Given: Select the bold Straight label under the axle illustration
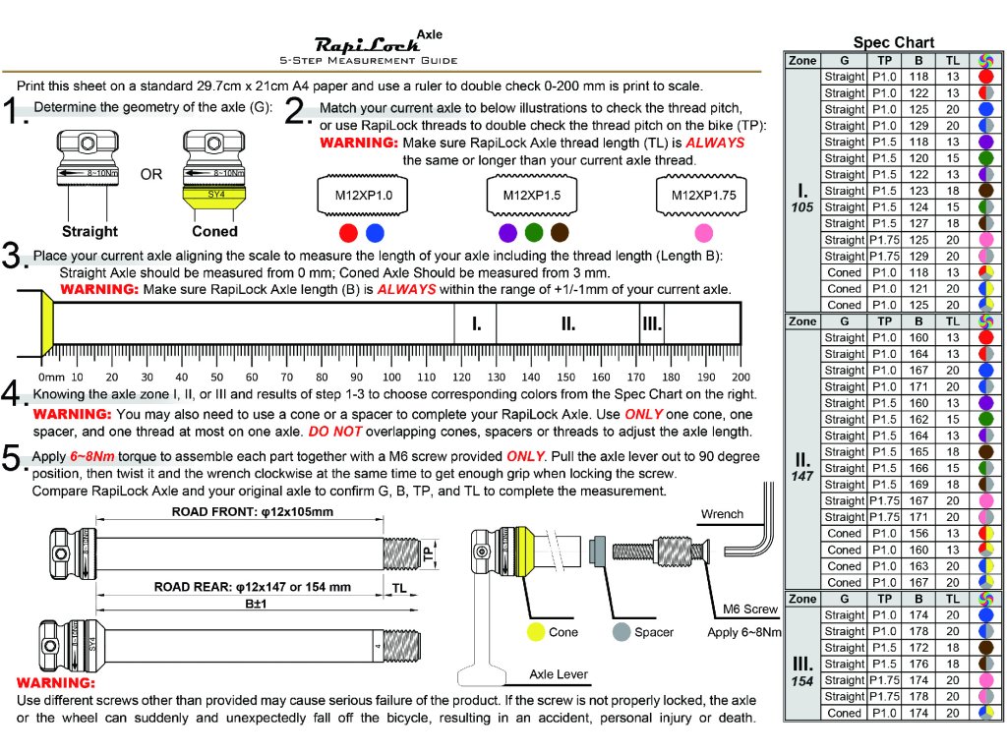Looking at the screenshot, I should (89, 232).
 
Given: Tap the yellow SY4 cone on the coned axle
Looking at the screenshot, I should (215, 196).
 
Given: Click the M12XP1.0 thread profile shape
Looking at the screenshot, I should (363, 196).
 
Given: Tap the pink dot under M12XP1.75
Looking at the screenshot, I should (702, 233).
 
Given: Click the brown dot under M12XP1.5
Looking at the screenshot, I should (560, 233).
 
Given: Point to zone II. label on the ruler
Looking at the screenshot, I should (567, 323).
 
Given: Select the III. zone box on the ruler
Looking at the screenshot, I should (651, 323).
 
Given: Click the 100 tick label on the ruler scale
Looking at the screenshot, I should (391, 377).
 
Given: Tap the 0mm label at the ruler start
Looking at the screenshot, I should (50, 377).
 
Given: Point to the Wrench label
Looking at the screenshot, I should (722, 514).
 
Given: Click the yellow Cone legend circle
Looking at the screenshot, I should (536, 632).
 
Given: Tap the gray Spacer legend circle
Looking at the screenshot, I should (620, 632).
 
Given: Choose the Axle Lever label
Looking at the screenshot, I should (559, 674).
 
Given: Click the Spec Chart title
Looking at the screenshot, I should (893, 42).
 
